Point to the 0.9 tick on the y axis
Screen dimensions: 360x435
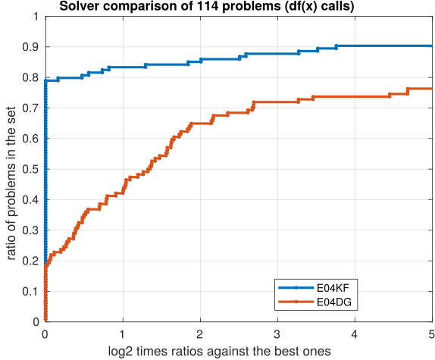coord(32,46)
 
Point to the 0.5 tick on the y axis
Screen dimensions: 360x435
coord(32,169)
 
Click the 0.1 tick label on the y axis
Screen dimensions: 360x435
coord(32,291)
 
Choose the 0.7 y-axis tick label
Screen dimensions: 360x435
coord(32,108)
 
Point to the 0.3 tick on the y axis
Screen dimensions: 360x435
coord(32,230)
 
